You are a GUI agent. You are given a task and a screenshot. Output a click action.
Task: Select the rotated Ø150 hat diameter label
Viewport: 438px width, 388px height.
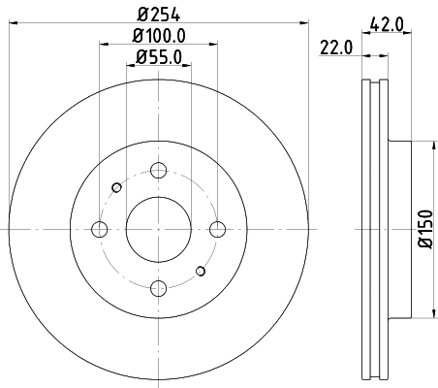(x=425, y=230)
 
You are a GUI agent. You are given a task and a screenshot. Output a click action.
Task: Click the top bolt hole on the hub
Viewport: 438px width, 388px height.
(x=157, y=171)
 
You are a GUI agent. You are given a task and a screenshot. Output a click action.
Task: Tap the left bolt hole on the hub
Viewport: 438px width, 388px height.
(x=99, y=229)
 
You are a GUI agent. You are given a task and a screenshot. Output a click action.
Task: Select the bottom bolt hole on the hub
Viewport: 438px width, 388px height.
(x=157, y=287)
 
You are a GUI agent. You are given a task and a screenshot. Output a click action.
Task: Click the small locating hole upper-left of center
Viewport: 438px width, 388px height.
(x=116, y=187)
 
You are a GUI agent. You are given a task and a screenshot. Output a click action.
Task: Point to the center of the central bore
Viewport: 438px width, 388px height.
(x=157, y=229)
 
